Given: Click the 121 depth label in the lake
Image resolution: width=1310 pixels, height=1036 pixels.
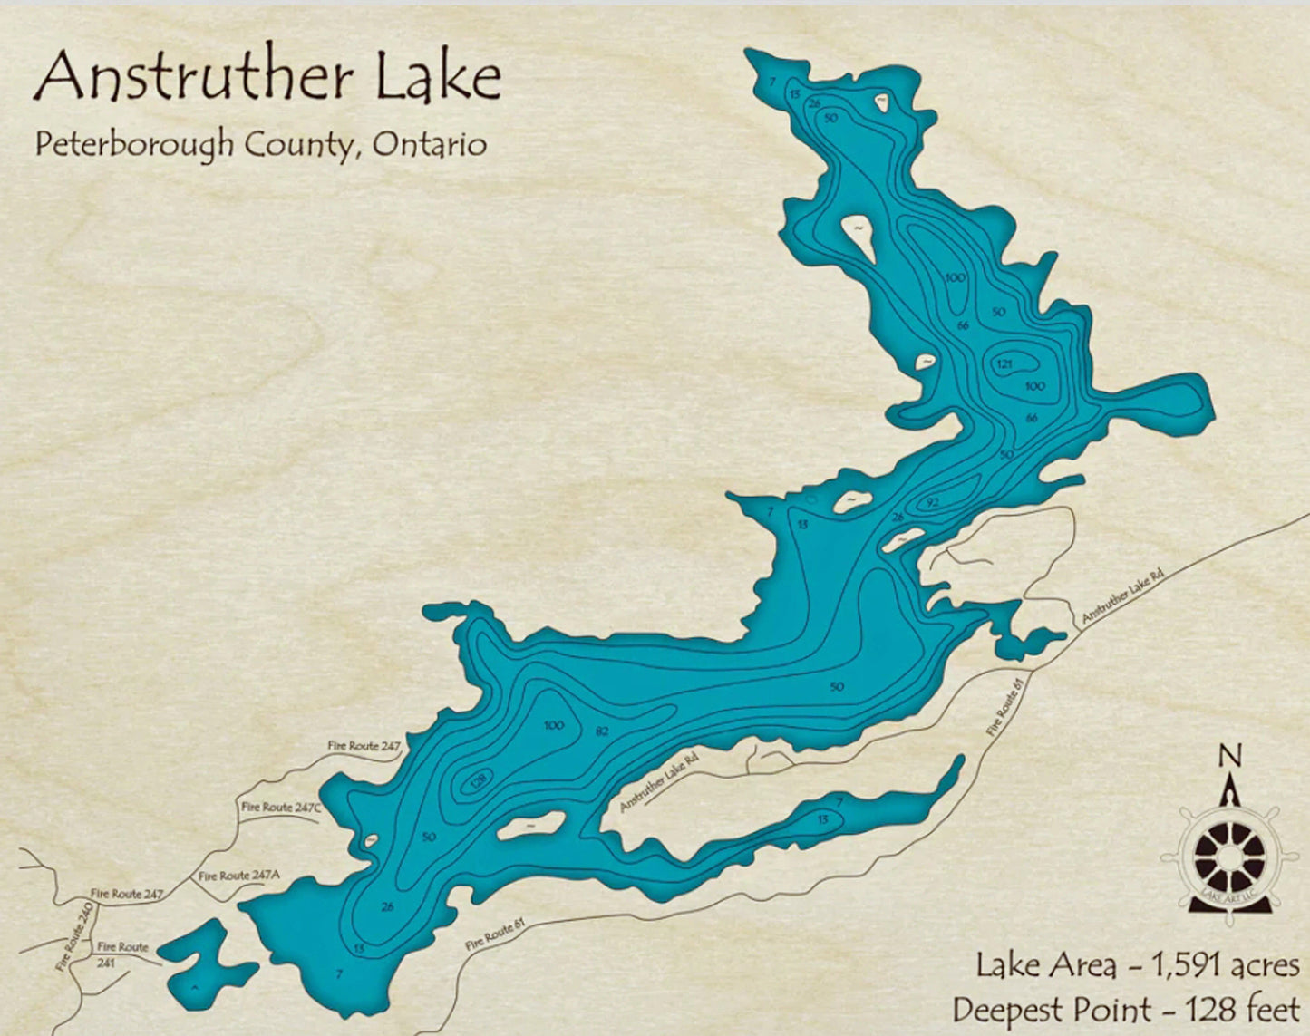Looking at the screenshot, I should pos(1004,364).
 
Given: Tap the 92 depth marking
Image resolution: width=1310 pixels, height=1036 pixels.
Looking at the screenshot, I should pos(932,501).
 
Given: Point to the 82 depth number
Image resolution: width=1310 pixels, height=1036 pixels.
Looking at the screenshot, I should pos(601,731).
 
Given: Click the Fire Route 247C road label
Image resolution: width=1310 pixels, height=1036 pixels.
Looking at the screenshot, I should pos(281,807).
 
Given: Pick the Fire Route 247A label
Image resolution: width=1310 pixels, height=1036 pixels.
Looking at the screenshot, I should pos(239,876).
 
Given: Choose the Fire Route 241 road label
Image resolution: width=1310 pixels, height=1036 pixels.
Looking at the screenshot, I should pos(122,954).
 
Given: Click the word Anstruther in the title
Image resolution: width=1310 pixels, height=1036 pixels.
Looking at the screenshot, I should pos(192,78).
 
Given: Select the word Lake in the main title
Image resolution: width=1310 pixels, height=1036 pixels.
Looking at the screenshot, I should pos(439,78).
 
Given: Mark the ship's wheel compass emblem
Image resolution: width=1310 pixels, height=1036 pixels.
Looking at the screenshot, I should pos(1228,856).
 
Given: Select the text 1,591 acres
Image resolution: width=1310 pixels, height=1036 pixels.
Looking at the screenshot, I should pos(1225,965).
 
